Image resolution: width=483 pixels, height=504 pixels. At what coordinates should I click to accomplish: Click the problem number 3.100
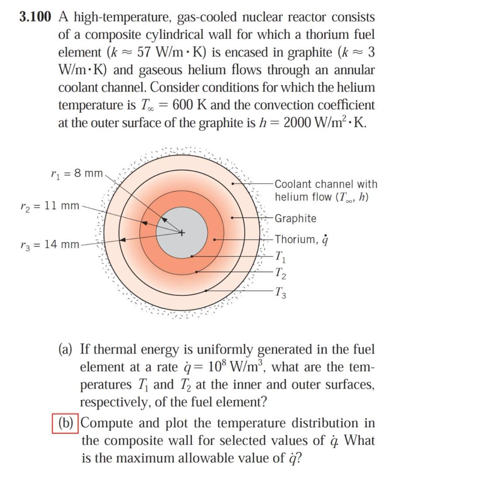click(35, 17)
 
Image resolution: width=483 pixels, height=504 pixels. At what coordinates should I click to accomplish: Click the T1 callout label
click(280, 256)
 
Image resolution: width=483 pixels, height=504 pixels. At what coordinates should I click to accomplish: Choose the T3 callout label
click(280, 292)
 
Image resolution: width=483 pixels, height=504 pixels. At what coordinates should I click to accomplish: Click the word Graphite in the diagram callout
click(296, 218)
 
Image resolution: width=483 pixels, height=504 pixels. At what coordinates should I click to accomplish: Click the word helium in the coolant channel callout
click(291, 197)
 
